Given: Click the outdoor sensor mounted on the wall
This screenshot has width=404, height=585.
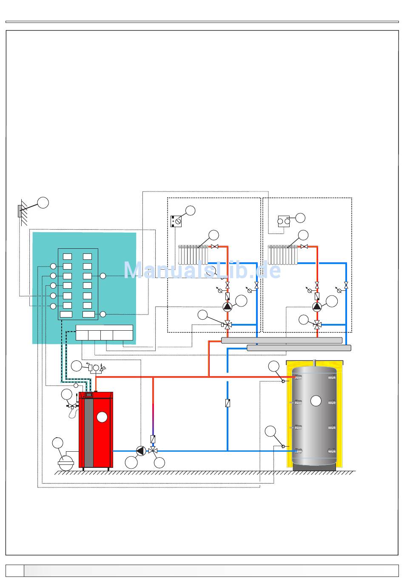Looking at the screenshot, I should click(20, 211).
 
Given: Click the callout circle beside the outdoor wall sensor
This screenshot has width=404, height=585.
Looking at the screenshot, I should click(43, 202).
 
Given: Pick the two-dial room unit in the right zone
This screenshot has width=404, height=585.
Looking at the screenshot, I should click(284, 221).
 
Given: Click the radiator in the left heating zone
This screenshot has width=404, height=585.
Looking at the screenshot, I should click(193, 254).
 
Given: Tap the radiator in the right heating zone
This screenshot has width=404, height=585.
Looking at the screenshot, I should click(282, 254).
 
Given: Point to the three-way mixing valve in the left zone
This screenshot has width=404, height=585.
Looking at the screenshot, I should click(228, 325).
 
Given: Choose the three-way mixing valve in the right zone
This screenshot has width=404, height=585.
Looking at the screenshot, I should click(317, 325).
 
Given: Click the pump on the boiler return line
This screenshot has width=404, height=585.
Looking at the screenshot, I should click(141, 450).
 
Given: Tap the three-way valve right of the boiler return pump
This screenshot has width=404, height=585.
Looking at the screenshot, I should click(153, 450).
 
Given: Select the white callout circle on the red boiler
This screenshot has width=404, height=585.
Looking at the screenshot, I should click(102, 418).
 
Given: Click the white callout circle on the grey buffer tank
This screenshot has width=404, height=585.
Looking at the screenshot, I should click(316, 400).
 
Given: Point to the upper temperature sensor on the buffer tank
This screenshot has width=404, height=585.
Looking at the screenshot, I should click(283, 381).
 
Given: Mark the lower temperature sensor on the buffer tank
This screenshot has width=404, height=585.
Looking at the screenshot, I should click(283, 446).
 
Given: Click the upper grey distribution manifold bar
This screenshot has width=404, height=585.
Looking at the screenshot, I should click(282, 340).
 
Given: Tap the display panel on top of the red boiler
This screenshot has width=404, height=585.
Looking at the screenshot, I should click(89, 394).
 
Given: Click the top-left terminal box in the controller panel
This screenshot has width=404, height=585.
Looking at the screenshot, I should click(67, 256).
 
